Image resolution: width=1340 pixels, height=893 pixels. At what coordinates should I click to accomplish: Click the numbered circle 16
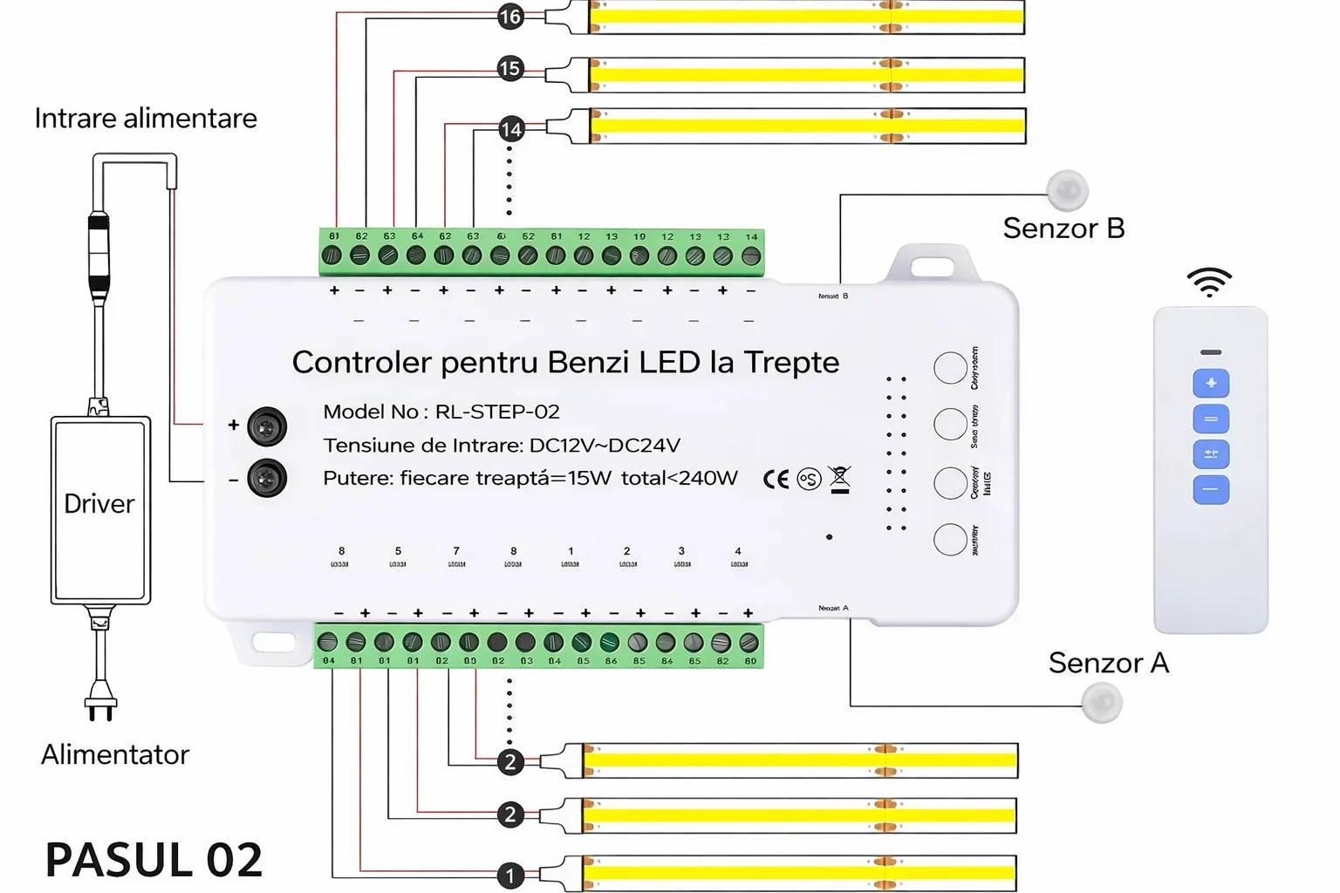pyautogui.click(x=510, y=17)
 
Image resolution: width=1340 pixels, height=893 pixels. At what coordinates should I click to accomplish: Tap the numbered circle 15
pyautogui.click(x=510, y=69)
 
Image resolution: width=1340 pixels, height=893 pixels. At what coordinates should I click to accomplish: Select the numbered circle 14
pyautogui.click(x=511, y=130)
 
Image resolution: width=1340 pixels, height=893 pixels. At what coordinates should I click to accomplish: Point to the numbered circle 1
pyautogui.click(x=510, y=875)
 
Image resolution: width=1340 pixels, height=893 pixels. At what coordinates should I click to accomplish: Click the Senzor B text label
pyautogui.click(x=1063, y=228)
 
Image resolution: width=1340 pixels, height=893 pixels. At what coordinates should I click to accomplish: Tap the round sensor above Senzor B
pyautogui.click(x=1067, y=191)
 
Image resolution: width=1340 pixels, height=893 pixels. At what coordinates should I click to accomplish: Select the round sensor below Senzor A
pyautogui.click(x=1102, y=703)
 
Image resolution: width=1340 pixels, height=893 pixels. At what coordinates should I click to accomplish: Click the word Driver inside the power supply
pyautogui.click(x=99, y=504)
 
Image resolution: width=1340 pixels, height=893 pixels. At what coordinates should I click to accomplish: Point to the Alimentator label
pyautogui.click(x=115, y=754)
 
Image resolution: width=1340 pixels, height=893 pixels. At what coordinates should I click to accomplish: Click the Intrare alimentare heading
pyautogui.click(x=146, y=119)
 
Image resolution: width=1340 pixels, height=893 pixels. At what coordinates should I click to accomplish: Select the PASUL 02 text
pyautogui.click(x=154, y=860)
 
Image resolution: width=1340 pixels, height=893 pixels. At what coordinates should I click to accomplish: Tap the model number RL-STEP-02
pyautogui.click(x=497, y=412)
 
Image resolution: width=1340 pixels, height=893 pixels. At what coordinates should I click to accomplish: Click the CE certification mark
pyautogui.click(x=776, y=479)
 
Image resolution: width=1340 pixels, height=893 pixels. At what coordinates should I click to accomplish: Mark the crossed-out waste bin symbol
pyautogui.click(x=839, y=479)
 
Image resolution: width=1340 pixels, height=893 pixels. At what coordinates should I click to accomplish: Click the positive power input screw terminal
pyautogui.click(x=267, y=426)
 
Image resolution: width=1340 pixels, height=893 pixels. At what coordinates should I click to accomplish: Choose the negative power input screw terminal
pyautogui.click(x=267, y=478)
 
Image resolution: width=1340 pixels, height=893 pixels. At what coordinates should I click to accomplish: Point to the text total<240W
pyautogui.click(x=679, y=478)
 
